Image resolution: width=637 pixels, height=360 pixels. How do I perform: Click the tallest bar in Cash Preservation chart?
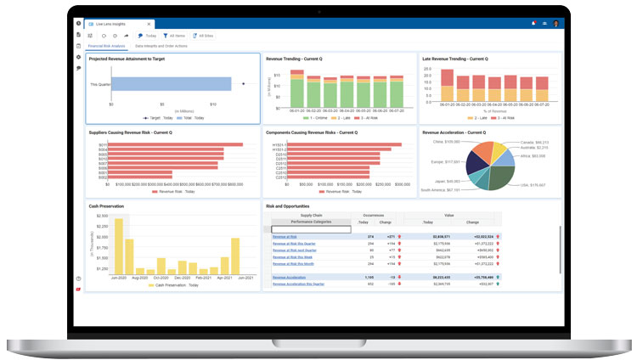point(118,245)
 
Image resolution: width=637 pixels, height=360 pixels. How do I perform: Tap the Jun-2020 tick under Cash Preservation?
point(118,278)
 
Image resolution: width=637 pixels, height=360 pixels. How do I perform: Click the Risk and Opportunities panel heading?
point(287,206)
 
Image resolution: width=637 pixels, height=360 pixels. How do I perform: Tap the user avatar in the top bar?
point(556,23)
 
